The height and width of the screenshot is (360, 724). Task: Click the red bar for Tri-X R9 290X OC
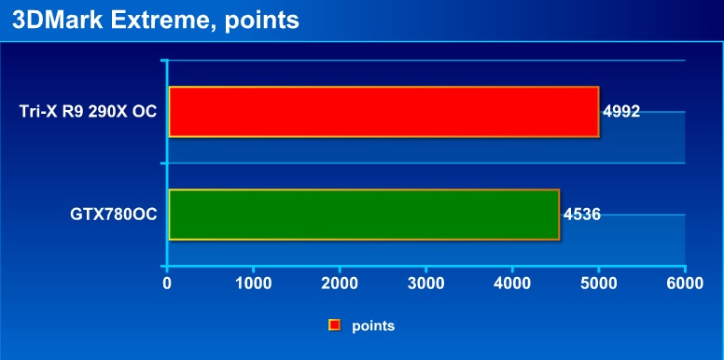[x=383, y=112]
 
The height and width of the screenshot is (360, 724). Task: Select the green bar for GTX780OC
[x=364, y=215]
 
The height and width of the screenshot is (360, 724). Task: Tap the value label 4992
[x=621, y=112]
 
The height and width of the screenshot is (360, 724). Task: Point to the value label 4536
[x=582, y=215]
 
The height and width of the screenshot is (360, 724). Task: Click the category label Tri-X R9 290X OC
[x=89, y=112]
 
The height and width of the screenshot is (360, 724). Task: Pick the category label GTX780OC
[x=114, y=215]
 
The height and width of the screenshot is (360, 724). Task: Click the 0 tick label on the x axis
[x=167, y=284]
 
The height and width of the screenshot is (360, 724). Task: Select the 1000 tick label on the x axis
[x=254, y=284]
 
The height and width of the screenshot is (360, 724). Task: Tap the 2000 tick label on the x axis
[x=340, y=284]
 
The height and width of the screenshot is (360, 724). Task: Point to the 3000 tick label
[x=425, y=284]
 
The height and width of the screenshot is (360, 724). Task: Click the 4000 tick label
[x=512, y=284]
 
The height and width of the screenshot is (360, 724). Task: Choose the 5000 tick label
[x=598, y=284]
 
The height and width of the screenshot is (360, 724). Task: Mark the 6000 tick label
[x=685, y=284]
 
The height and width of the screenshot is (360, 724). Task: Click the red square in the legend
[x=335, y=325]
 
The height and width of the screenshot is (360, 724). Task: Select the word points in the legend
[x=373, y=326]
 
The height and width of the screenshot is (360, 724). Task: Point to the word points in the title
[x=262, y=22]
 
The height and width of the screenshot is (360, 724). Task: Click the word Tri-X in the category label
[x=36, y=112]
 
